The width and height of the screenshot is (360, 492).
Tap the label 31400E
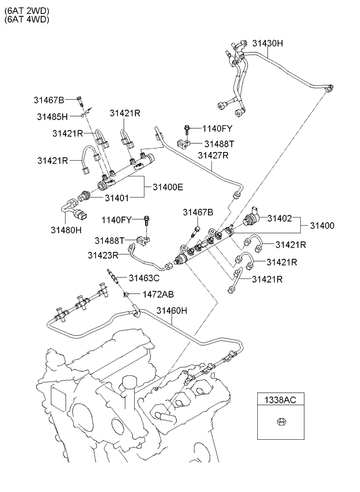click(168, 187)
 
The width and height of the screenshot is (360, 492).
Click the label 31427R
click(213, 155)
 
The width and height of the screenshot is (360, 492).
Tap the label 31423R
click(103, 254)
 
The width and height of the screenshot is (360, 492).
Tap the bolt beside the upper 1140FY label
click(188, 128)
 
